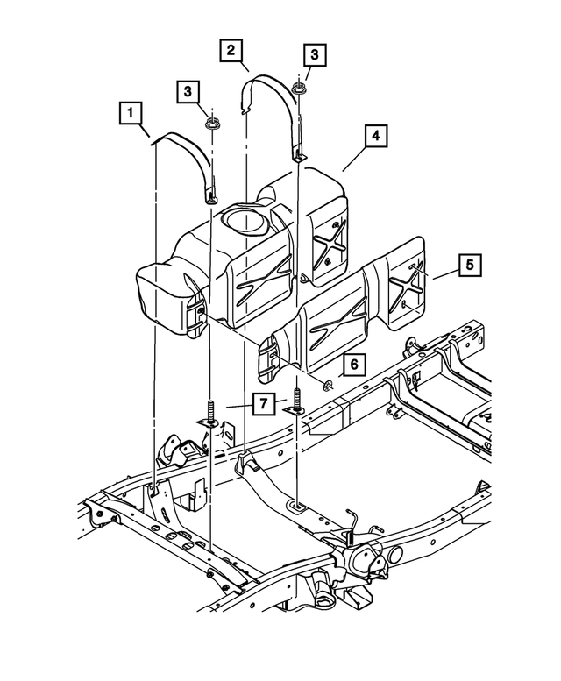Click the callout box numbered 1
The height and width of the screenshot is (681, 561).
point(131,113)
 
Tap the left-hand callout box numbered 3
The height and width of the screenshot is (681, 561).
point(187,90)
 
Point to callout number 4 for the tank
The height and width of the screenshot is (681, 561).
point(374,137)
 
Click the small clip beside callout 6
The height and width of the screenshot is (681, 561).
point(328,383)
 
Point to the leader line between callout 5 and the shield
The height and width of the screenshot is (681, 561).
point(442,274)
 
